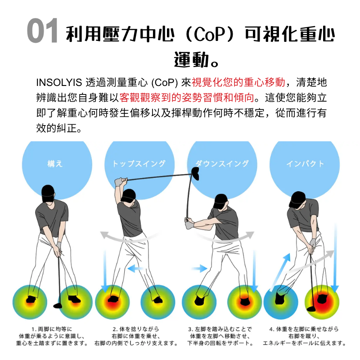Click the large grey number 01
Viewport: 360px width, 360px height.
click(42, 31)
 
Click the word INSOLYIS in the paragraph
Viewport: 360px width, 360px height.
click(59, 82)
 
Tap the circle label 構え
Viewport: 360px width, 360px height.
click(55, 163)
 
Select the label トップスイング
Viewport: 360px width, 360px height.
click(139, 163)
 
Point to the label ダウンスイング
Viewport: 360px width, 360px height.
click(222, 163)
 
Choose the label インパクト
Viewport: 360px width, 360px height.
click(305, 163)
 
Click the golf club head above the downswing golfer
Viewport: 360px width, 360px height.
click(195, 173)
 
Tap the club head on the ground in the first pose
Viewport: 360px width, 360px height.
click(58, 306)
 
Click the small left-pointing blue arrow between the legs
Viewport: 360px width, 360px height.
click(135, 268)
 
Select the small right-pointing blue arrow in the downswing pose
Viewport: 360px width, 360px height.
click(199, 268)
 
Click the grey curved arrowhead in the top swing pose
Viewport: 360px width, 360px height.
click(105, 235)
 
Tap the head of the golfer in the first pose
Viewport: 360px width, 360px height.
click(48, 193)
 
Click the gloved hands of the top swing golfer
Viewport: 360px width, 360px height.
click(121, 181)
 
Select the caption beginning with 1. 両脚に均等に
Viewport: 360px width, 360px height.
click(52, 336)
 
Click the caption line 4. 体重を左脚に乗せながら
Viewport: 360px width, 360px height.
click(304, 329)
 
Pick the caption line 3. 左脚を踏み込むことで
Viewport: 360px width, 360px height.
click(220, 329)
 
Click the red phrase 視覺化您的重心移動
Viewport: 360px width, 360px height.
click(238, 82)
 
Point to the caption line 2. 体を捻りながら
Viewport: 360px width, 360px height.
click(136, 329)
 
